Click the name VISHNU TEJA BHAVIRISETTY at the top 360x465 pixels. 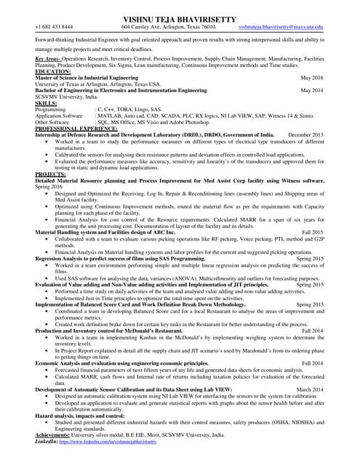coord(180,15)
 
